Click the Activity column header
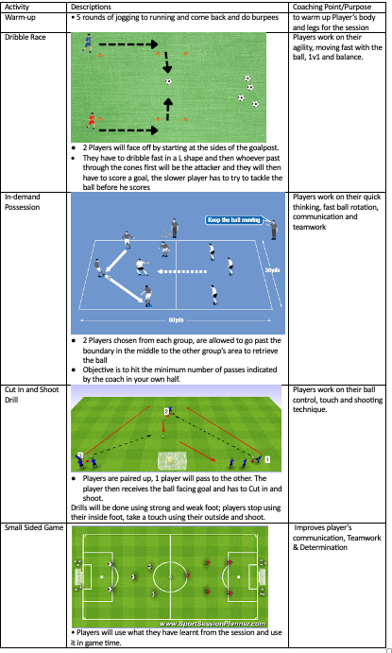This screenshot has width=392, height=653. pyautogui.click(x=17, y=7)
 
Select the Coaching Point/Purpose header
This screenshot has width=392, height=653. pyautogui.click(x=332, y=7)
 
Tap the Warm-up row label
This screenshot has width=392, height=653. pyautogui.click(x=20, y=18)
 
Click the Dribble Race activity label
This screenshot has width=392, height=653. pyautogui.click(x=25, y=37)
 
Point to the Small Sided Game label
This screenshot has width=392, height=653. pyautogui.click(x=34, y=527)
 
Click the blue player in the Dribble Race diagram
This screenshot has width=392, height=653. pyautogui.click(x=88, y=43)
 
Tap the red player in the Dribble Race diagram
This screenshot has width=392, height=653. pyautogui.click(x=91, y=121)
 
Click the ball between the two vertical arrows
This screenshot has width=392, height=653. pyautogui.click(x=168, y=81)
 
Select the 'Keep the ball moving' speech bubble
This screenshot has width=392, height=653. pyautogui.click(x=234, y=220)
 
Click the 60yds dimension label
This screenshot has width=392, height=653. pyautogui.click(x=176, y=319)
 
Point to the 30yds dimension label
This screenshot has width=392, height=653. pyautogui.click(x=273, y=270)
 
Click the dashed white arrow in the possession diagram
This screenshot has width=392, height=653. pyautogui.click(x=182, y=271)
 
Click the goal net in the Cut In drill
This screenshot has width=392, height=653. pyautogui.click(x=172, y=461)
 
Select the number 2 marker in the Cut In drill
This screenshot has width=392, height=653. pyautogui.click(x=166, y=411)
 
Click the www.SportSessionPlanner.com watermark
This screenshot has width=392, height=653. pyautogui.click(x=213, y=624)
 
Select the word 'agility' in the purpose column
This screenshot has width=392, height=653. pyautogui.click(x=302, y=48)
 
